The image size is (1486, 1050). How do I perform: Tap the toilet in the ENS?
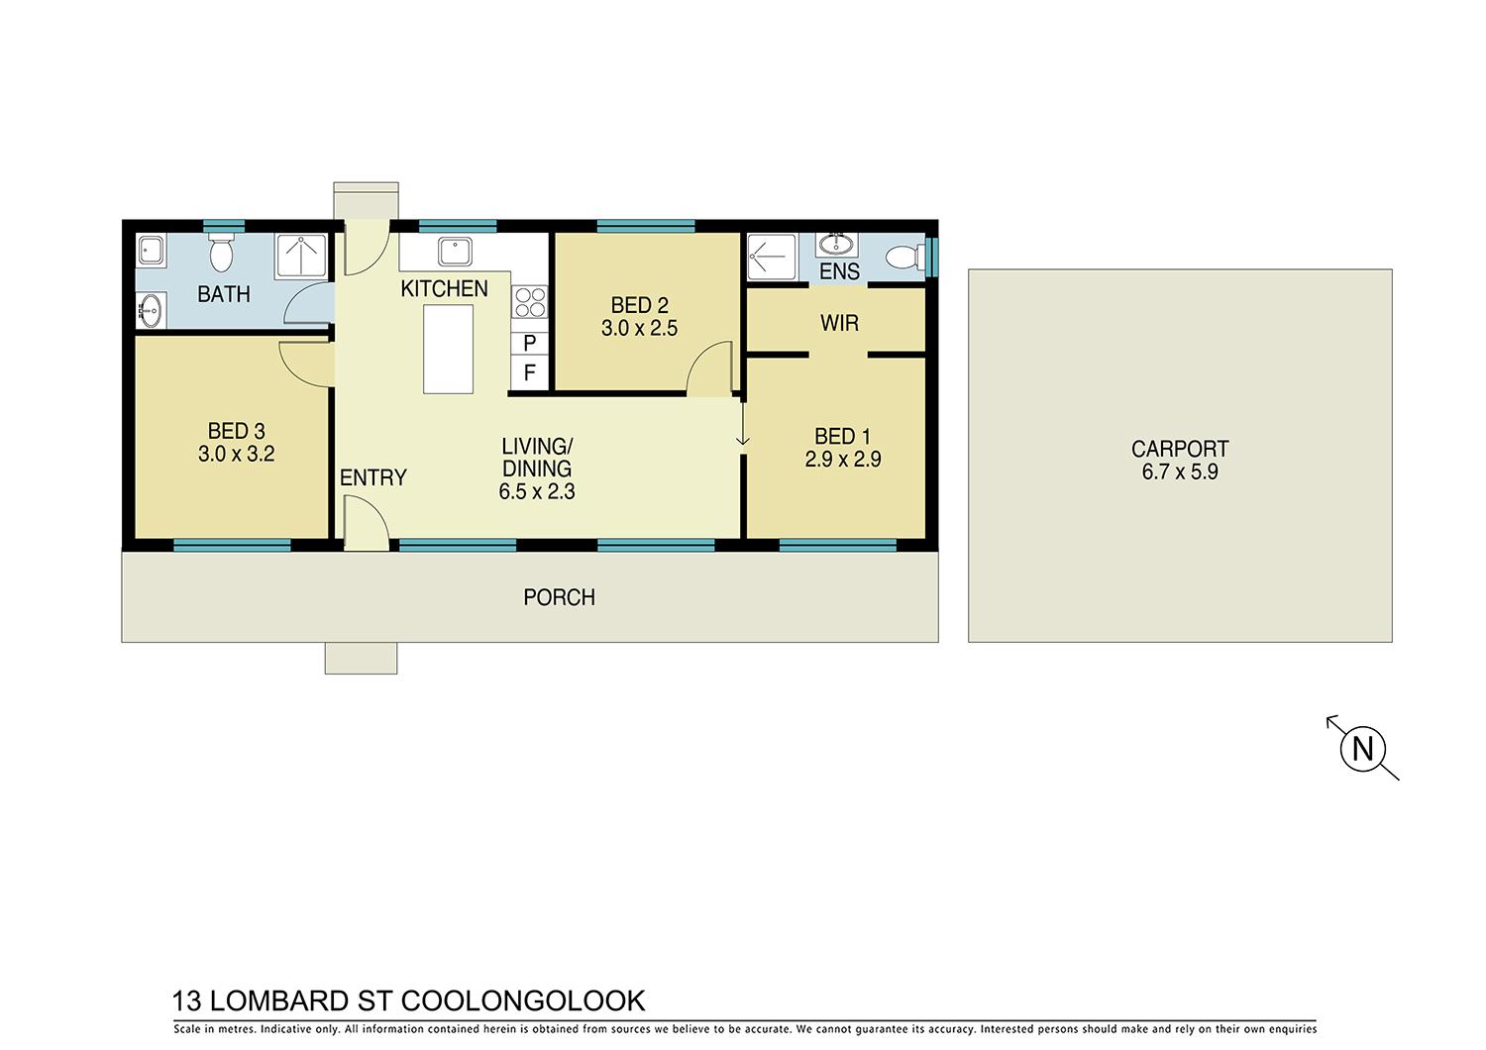904,258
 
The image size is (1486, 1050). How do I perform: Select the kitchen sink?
455,252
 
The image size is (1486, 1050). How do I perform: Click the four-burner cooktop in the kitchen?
530,302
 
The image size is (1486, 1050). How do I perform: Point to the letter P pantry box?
529,343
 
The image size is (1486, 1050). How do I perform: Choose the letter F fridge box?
529,372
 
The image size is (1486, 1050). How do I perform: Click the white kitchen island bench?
449,349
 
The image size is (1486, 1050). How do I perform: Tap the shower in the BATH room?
301,256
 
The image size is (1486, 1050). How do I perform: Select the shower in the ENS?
772,257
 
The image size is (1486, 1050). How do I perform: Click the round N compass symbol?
1362,748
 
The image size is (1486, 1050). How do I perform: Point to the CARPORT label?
1180,449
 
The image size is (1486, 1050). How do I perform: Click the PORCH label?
560,597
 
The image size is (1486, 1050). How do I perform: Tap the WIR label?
839,323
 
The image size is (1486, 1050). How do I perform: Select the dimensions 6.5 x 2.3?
537,491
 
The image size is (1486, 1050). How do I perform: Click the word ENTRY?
372,477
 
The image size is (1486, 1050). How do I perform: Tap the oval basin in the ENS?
836,245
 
